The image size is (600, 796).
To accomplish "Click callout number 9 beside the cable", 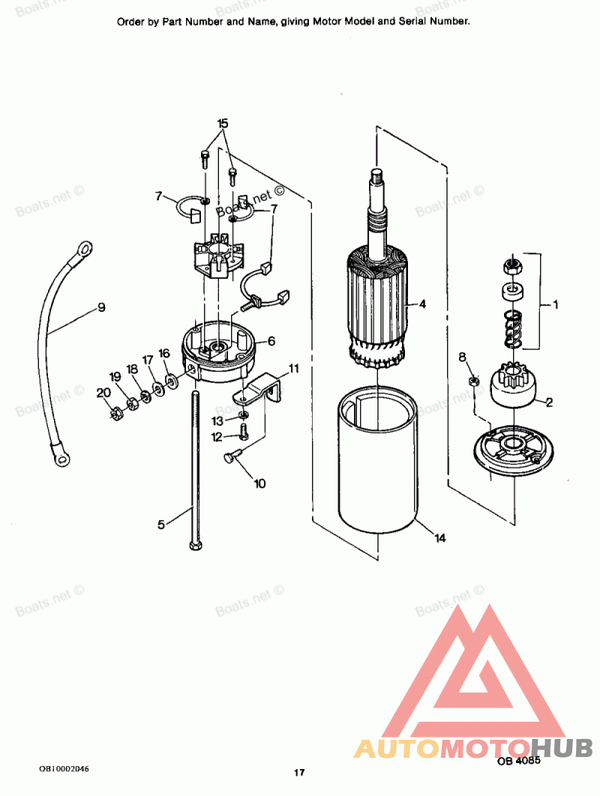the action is pos(100,307).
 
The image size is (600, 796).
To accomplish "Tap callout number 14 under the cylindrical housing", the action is pos(439,537).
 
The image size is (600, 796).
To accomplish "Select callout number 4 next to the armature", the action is pos(422,304).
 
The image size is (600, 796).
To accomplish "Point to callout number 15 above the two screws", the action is pos(223,123).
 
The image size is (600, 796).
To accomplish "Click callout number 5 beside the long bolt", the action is pos(161,525).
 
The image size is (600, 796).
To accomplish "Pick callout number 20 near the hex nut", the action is pos(102,392).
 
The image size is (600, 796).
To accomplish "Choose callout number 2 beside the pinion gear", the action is pos(549,402).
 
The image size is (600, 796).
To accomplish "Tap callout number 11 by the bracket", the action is pos(294,369).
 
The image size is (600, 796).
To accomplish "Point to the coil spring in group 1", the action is pos(512,328).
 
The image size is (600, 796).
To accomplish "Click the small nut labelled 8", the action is pos(474,382).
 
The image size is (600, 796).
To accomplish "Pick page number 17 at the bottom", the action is pos(299,773).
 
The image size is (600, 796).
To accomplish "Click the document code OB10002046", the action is pos(67,769).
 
